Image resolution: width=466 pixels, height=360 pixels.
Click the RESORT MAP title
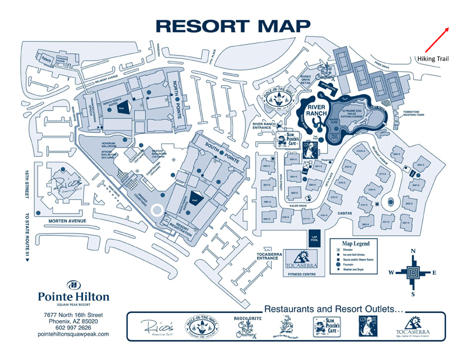(233, 26)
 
